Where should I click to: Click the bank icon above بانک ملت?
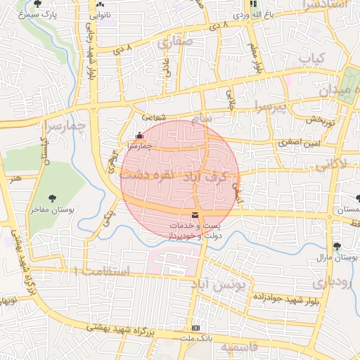coord(195,328)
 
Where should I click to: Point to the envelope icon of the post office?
coord(195,214)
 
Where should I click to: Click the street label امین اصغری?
coord(299,142)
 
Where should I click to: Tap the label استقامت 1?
coord(105,271)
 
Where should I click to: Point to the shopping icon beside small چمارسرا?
coord(139,136)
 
